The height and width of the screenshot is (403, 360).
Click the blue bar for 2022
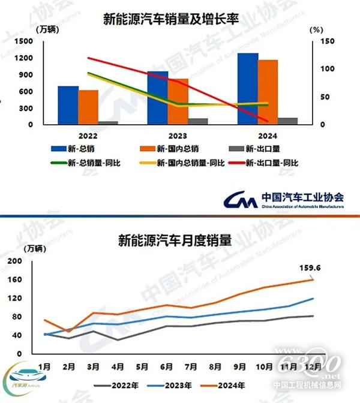click(68, 106)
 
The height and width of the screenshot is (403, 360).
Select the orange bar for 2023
click(178, 101)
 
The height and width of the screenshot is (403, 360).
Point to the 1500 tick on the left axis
click(25, 41)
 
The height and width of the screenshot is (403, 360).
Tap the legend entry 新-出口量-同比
click(274, 163)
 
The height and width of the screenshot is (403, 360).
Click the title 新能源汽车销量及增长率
click(172, 20)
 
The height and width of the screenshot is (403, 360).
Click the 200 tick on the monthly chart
click(14, 261)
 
